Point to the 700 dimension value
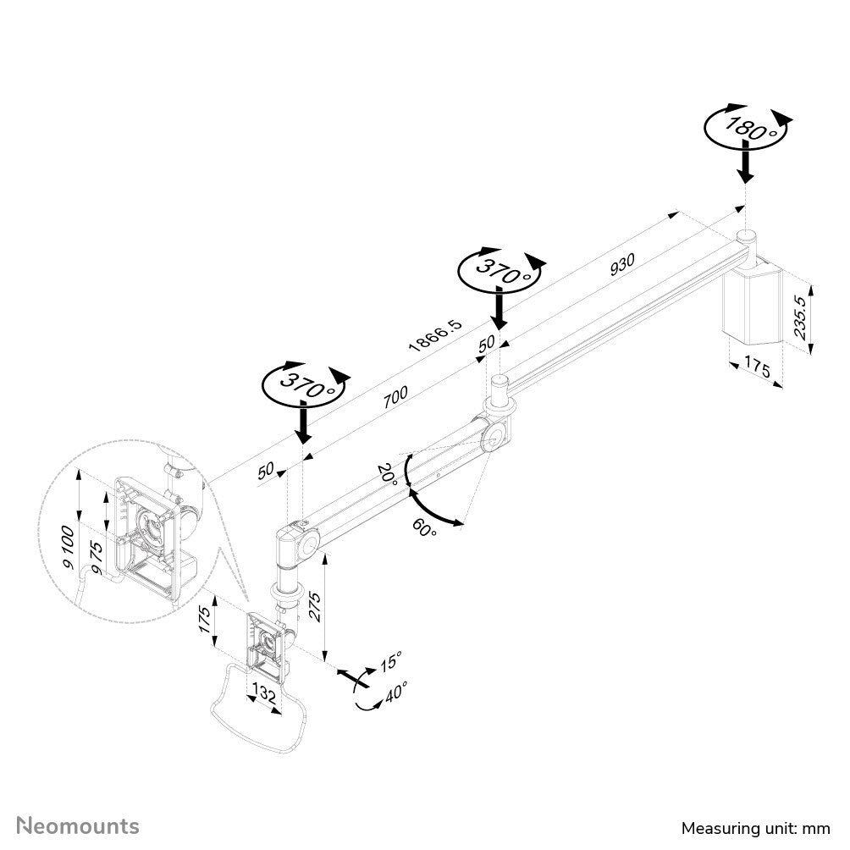(395, 397)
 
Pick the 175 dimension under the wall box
(757, 368)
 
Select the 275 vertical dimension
(315, 606)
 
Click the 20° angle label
(388, 472)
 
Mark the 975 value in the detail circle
(97, 560)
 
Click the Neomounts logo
(79, 825)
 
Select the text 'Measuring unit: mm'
(756, 827)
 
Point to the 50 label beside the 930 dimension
(487, 343)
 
